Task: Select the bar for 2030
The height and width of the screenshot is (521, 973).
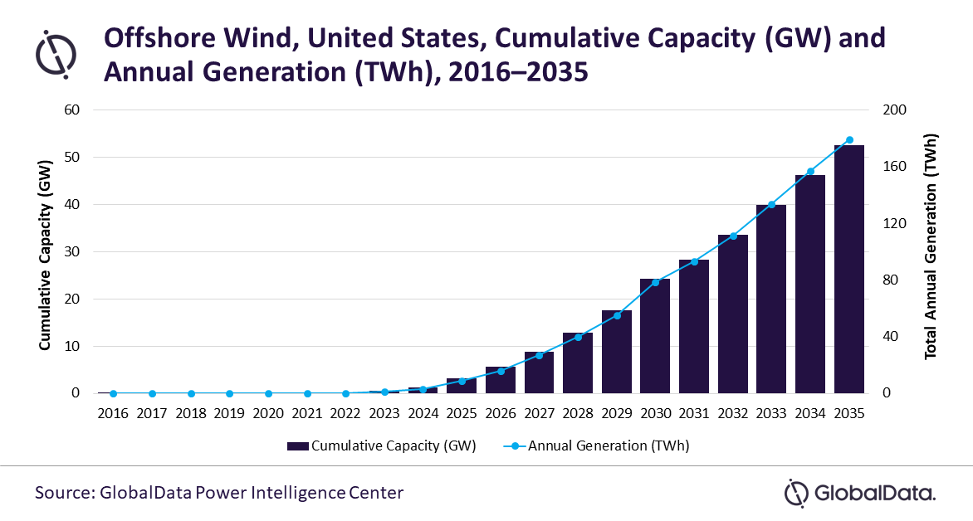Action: coord(655,336)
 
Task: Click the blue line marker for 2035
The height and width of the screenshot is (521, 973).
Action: coord(848,140)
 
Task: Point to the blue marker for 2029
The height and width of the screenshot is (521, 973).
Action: coord(617,315)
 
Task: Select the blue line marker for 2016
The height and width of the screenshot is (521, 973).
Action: coord(114,393)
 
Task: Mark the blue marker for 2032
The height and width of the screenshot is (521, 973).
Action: coord(733,236)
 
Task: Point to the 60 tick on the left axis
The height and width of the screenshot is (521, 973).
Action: coord(73,110)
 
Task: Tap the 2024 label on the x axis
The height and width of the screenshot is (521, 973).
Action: coord(423,413)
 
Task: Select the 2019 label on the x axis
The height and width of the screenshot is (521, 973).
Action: coord(230,413)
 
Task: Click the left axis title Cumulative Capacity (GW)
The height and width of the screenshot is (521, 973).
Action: coord(46,251)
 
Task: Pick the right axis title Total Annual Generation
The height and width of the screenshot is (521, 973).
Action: coord(931,246)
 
